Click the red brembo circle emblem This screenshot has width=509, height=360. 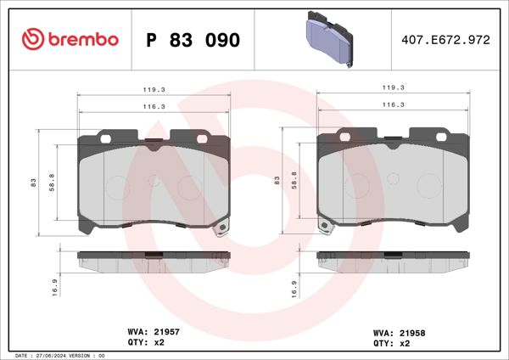point(32,40)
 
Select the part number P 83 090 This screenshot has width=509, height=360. point(193,40)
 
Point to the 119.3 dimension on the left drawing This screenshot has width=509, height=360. point(154,87)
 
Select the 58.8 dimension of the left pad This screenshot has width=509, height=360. point(53,181)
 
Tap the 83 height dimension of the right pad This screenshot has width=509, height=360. point(277,181)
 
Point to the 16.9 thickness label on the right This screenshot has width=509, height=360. point(294,289)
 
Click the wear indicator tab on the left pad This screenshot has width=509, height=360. point(221,228)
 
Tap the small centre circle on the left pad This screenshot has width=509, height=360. point(154,180)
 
